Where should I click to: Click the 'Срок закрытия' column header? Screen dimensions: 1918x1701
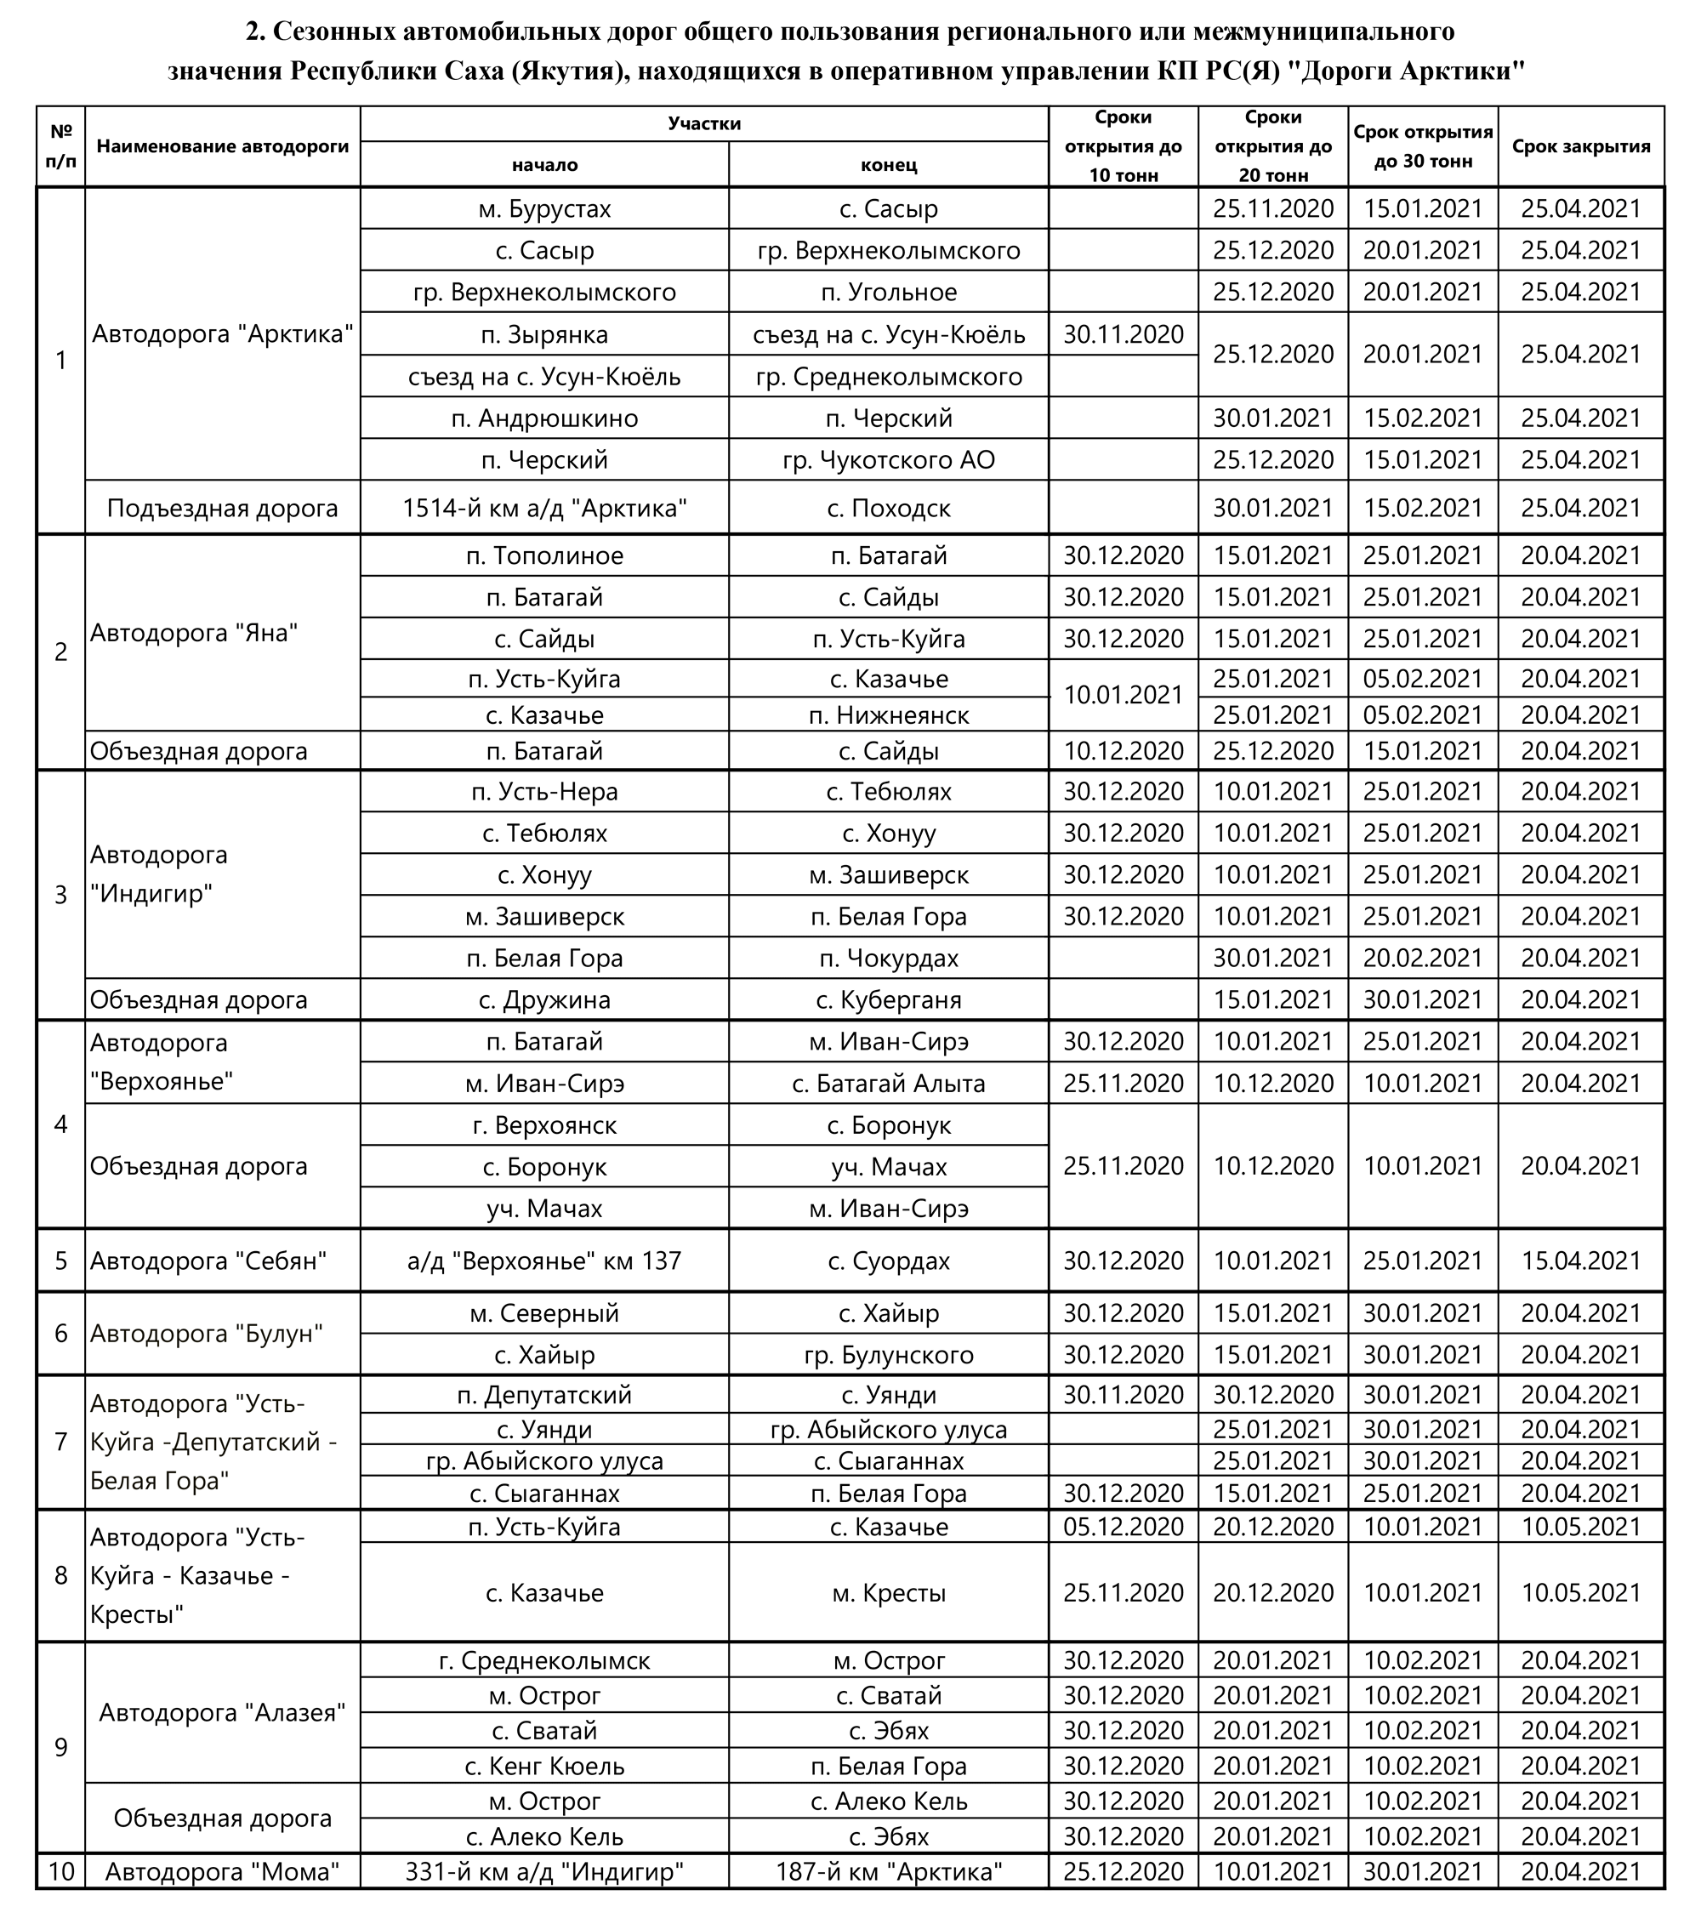click(1580, 146)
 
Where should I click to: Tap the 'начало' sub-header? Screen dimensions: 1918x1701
click(544, 165)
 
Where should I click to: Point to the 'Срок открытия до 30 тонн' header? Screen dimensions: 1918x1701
click(1422, 146)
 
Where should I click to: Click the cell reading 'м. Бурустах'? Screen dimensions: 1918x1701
click(544, 208)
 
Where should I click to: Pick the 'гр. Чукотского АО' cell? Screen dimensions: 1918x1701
click(889, 460)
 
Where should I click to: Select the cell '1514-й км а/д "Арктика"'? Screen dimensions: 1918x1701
click(544, 509)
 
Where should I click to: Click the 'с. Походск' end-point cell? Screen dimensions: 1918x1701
click(889, 509)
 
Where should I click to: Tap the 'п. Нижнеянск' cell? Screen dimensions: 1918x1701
click(889, 715)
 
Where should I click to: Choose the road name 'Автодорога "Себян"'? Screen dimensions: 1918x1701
click(208, 1261)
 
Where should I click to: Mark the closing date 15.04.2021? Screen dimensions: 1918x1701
click(1580, 1261)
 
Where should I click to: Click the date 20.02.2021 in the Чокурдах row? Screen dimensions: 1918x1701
click(1422, 958)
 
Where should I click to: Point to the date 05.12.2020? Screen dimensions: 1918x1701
click(1123, 1527)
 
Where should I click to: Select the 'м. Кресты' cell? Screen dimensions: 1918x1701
click(889, 1592)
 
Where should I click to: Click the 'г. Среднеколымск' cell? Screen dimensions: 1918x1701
click(544, 1661)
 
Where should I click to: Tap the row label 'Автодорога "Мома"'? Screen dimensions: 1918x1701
click(222, 1872)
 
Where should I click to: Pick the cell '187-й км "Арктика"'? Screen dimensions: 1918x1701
click(889, 1872)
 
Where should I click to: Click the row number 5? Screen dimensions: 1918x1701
click(61, 1261)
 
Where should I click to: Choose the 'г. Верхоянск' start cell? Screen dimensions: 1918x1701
click(544, 1125)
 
